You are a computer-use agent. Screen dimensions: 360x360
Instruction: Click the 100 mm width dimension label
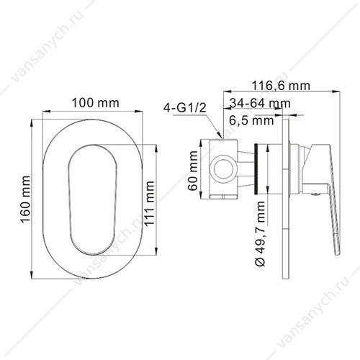point(96,103)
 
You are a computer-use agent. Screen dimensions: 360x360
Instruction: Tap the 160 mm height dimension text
point(25,199)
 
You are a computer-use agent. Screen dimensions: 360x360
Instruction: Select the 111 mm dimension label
point(149,203)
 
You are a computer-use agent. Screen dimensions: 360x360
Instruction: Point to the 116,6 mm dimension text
point(281,86)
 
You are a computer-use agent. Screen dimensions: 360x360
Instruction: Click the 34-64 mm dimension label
point(260,103)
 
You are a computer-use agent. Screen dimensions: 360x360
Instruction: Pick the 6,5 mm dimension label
point(251,120)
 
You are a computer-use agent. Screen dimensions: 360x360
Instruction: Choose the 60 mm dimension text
point(193,171)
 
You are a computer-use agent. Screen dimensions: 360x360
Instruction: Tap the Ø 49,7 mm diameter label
point(260,234)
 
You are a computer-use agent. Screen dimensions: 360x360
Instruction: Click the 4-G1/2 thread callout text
point(185,108)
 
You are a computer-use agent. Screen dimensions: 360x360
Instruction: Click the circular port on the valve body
point(223,169)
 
